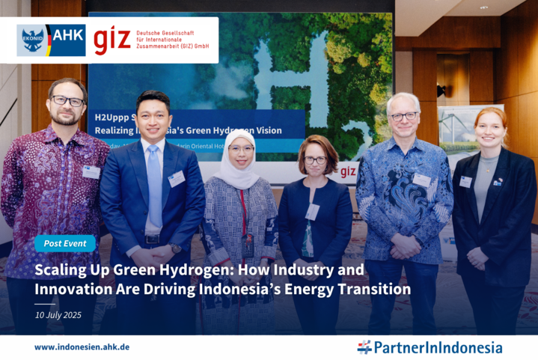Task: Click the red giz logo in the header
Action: pyautogui.click(x=112, y=40)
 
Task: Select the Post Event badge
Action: pyautogui.click(x=64, y=243)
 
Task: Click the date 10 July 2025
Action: pyautogui.click(x=58, y=314)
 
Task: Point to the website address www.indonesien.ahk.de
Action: pyautogui.click(x=82, y=347)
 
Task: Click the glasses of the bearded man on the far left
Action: pyautogui.click(x=68, y=100)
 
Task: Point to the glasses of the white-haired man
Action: pyautogui.click(x=404, y=116)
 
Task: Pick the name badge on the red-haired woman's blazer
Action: pyautogui.click(x=465, y=181)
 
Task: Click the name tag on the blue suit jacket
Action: pyautogui.click(x=177, y=179)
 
